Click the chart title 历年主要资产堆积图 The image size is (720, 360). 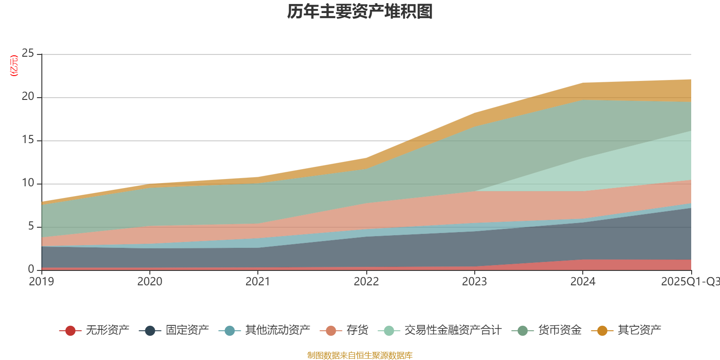pyautogui.click(x=360, y=12)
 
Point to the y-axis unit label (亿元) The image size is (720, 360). pyautogui.click(x=14, y=66)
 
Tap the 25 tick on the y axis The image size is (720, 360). pyautogui.click(x=28, y=54)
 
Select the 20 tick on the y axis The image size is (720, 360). pyautogui.click(x=28, y=97)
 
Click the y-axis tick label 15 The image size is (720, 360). pyautogui.click(x=28, y=140)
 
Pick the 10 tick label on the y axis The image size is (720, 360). pyautogui.click(x=28, y=183)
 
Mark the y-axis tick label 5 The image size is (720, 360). pyautogui.click(x=31, y=226)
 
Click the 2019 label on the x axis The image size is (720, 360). pyautogui.click(x=41, y=282)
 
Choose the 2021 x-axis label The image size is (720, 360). pyautogui.click(x=258, y=282)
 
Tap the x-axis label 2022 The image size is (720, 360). pyautogui.click(x=366, y=282)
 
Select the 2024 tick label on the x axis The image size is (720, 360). pyautogui.click(x=583, y=282)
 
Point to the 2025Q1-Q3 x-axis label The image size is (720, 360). pyautogui.click(x=690, y=282)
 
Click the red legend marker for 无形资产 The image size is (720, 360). pyautogui.click(x=70, y=331)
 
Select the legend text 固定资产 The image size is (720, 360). pyautogui.click(x=187, y=330)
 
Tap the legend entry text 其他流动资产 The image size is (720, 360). pyautogui.click(x=278, y=330)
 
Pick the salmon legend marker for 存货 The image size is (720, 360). pyautogui.click(x=331, y=331)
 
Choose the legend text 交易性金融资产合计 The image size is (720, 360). pyautogui.click(x=452, y=330)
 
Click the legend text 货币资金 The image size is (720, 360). pyautogui.click(x=560, y=330)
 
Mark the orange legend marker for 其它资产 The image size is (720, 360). pyautogui.click(x=602, y=331)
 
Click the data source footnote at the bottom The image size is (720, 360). pyautogui.click(x=360, y=355)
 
